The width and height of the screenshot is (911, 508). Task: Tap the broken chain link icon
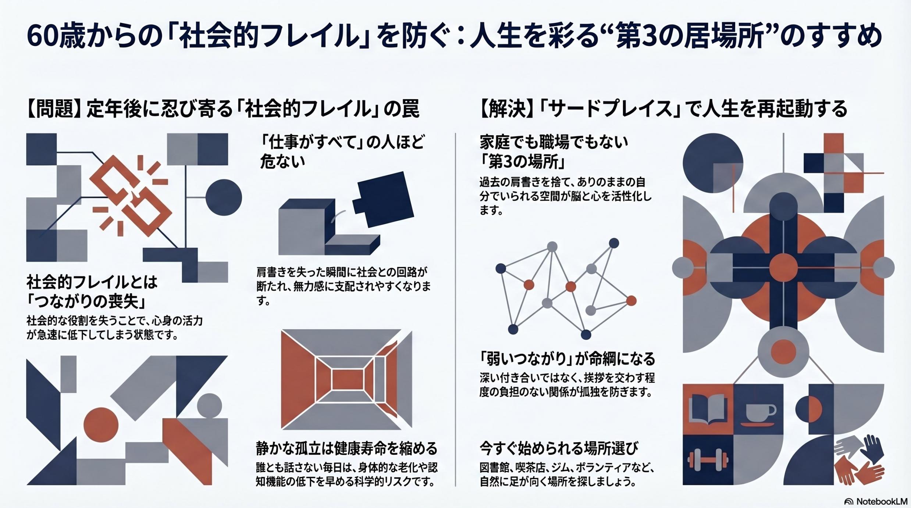(x=131, y=196)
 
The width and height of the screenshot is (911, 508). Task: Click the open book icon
(x=707, y=408)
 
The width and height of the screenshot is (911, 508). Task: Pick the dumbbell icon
(x=708, y=460)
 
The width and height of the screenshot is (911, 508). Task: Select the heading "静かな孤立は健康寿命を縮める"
(x=347, y=448)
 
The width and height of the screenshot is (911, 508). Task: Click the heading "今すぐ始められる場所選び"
(x=559, y=448)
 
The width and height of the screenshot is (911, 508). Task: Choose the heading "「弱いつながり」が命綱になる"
(x=567, y=358)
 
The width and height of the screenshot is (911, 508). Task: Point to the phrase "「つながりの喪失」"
(x=87, y=301)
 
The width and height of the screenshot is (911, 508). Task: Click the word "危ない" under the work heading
(x=282, y=161)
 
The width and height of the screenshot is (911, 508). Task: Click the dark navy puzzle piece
(x=383, y=199)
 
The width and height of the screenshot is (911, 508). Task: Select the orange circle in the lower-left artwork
(x=101, y=425)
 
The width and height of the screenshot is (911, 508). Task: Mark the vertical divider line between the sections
(x=455, y=310)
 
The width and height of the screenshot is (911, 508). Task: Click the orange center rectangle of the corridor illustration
(x=347, y=380)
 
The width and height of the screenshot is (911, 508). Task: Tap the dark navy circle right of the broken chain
(x=224, y=197)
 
